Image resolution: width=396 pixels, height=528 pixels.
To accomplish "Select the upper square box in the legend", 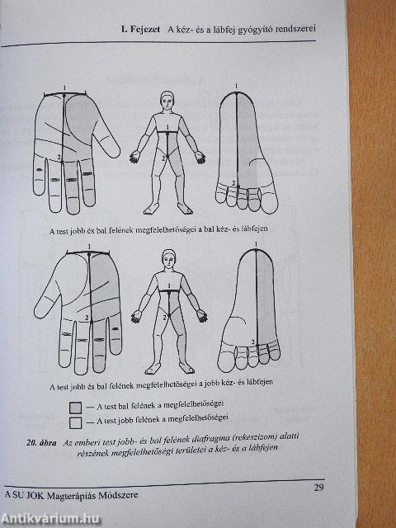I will tap(76, 407).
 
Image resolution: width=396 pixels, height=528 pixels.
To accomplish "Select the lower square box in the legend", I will tap(76, 422).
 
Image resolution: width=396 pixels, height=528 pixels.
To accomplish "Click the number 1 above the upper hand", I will tap(64, 87).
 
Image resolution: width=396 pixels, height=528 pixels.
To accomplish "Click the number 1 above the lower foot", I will tap(257, 243).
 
